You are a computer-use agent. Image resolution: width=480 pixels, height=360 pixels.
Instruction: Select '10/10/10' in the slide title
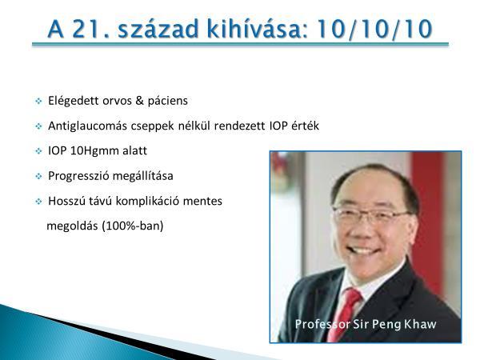click(374, 29)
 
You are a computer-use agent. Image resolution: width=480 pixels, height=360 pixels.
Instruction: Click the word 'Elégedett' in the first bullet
click(73, 101)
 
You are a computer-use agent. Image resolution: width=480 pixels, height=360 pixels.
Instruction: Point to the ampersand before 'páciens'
click(139, 101)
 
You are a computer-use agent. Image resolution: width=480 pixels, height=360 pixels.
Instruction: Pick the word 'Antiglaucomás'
click(87, 126)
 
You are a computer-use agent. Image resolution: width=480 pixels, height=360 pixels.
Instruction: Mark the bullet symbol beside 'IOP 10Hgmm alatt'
click(38, 151)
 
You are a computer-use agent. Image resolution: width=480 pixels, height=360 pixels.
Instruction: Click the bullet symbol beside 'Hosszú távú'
click(38, 202)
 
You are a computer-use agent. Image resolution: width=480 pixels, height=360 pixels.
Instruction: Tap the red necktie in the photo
click(344, 314)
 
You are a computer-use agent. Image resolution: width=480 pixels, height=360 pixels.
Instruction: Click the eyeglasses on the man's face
click(371, 215)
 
